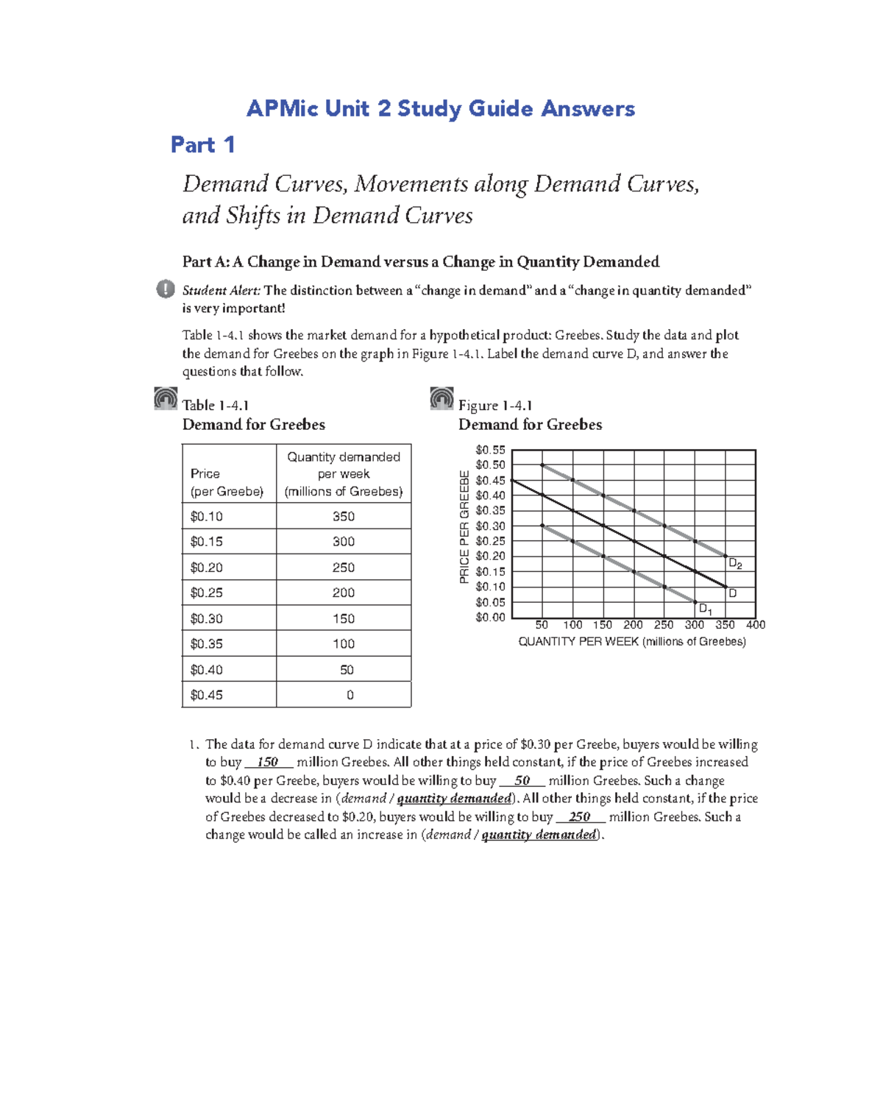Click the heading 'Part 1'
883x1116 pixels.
tap(202, 144)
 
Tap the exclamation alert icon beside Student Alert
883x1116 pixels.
tap(166, 289)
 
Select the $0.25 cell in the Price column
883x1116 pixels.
tap(207, 593)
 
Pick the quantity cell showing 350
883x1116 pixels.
tap(344, 516)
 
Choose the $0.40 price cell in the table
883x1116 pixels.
tap(207, 670)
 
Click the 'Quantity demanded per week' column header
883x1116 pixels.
tap(344, 474)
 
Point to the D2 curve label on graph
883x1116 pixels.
tap(734, 564)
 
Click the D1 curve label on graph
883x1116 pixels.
tap(705, 609)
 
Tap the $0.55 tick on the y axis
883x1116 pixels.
tap(490, 450)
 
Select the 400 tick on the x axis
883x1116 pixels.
tap(756, 625)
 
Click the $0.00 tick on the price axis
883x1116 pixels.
tap(490, 618)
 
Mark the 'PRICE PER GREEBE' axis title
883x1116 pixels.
tap(464, 527)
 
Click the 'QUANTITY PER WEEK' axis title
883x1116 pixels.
tap(632, 642)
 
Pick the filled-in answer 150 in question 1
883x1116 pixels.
tap(267, 763)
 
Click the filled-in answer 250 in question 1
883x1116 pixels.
tap(580, 817)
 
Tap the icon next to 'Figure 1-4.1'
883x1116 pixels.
tap(441, 398)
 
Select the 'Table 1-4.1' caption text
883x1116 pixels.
tap(216, 405)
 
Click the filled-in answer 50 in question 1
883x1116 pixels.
tap(522, 781)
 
